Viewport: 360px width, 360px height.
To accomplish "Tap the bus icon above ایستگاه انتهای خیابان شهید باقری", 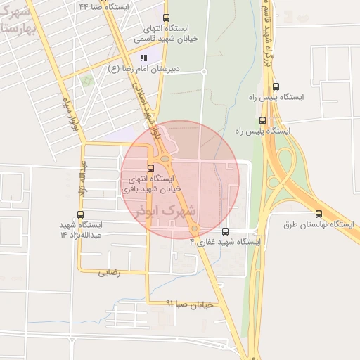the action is point(150,168).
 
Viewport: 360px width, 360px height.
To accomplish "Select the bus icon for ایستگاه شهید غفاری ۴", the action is point(225,231).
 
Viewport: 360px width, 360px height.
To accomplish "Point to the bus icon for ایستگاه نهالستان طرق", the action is point(319,214).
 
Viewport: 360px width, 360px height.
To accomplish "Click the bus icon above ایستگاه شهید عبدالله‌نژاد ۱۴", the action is point(80,214).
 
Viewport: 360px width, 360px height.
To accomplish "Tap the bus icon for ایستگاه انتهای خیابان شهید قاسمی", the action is point(166,18).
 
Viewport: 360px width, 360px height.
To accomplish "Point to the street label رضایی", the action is point(110,272).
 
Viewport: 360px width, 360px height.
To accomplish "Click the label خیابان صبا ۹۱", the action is point(189,304).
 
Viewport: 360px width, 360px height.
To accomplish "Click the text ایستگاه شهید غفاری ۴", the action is point(225,242).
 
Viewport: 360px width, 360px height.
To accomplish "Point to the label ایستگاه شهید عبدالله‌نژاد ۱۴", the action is point(82,229).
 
